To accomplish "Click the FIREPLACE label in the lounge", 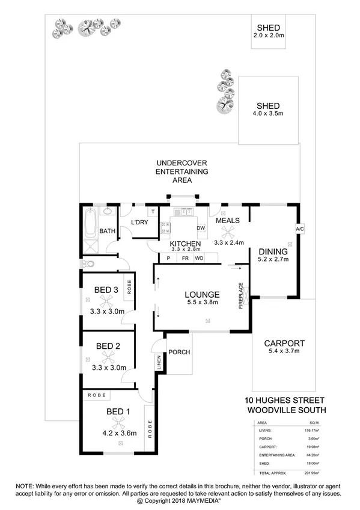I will pos(241,295).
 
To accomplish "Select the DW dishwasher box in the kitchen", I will pos(201,229).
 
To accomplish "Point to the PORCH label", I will pos(178,352).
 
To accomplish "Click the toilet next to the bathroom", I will pos(88,263).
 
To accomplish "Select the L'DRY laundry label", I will pos(139,223).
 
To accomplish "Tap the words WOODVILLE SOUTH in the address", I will pos(287,411).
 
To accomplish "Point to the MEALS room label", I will pos(228,221).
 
